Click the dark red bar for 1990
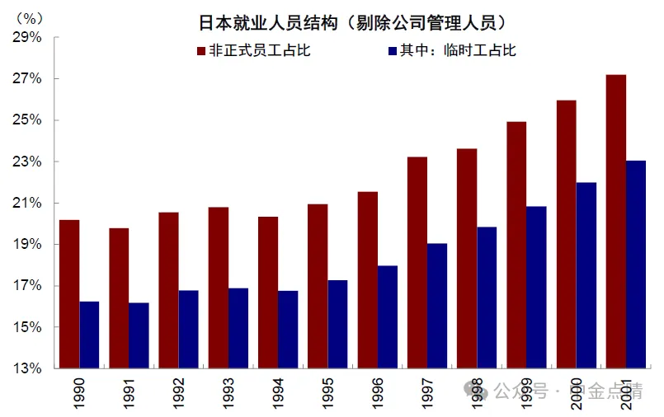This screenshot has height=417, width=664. pos(69,294)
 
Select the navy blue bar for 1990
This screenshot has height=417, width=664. pos(89,335)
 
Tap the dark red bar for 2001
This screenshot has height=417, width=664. pos(616,222)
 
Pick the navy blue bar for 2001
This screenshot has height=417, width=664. pos(636,265)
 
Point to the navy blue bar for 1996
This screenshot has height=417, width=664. pos(388,317)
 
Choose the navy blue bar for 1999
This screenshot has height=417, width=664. pos(536,288)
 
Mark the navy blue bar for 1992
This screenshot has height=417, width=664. pos(189,329)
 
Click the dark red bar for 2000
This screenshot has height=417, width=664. pos(567,234)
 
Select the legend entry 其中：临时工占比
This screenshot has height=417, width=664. pos(450,51)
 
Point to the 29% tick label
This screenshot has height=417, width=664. pos(27,37)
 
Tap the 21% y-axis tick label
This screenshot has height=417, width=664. pos(27,203)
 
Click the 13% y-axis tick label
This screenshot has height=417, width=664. pos(27,368)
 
